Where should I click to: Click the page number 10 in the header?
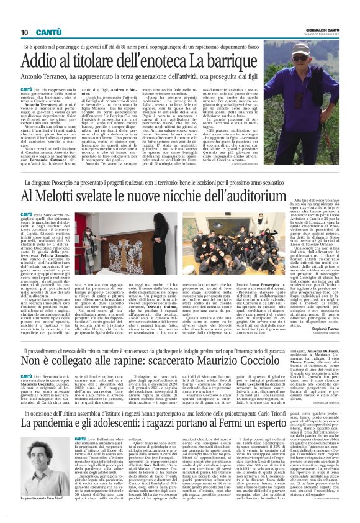coord(25,32)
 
